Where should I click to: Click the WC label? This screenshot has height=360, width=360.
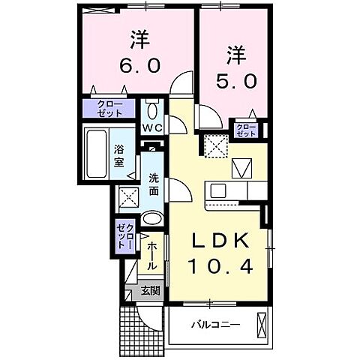(x=153, y=127)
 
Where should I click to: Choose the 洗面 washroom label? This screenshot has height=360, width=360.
(x=153, y=185)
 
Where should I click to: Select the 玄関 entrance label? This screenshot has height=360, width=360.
(x=151, y=291)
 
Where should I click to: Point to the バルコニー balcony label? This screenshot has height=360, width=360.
(x=214, y=325)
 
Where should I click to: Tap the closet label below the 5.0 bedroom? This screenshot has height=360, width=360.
(x=244, y=130)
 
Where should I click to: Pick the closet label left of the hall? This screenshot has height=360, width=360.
(x=125, y=235)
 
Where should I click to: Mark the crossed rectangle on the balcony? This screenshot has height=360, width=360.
(x=261, y=325)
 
